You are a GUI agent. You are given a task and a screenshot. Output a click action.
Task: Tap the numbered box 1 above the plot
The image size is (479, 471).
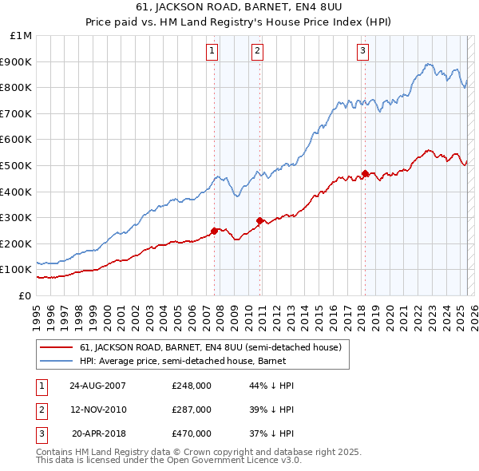pyautogui.click(x=212, y=51)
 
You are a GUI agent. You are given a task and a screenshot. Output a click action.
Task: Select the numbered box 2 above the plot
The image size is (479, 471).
pyautogui.click(x=258, y=51)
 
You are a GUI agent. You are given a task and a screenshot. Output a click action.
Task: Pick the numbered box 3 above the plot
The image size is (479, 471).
pyautogui.click(x=362, y=51)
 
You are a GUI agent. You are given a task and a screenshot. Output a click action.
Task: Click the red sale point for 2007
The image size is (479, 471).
pyautogui.click(x=214, y=231)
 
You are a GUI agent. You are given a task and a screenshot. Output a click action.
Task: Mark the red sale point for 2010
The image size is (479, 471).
pyautogui.click(x=259, y=220)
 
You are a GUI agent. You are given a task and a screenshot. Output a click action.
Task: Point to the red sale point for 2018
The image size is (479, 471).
pyautogui.click(x=365, y=173)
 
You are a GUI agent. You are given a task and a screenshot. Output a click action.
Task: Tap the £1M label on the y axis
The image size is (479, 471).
pyautogui.click(x=22, y=36)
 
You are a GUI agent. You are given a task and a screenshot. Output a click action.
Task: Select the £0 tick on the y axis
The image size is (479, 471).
pyautogui.click(x=26, y=295)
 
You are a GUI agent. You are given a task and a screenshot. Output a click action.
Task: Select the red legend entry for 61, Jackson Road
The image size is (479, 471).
pyautogui.click(x=210, y=347)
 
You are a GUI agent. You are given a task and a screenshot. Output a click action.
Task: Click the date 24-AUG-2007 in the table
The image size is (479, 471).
pyautogui.click(x=98, y=386)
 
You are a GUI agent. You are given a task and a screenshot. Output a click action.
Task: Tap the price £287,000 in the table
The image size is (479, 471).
pyautogui.click(x=192, y=410)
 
